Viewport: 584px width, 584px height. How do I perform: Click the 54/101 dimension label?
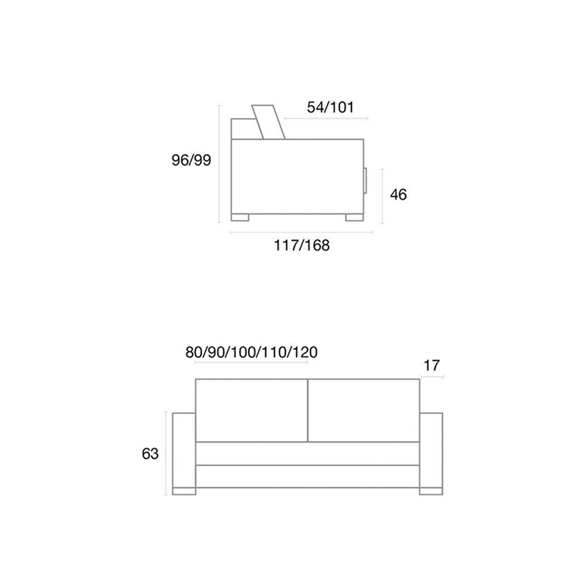pyautogui.click(x=330, y=107)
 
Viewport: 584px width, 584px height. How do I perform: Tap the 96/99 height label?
pyautogui.click(x=191, y=160)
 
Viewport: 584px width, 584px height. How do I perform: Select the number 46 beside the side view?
pyautogui.click(x=398, y=194)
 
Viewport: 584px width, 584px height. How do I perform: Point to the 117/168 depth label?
pyautogui.click(x=302, y=245)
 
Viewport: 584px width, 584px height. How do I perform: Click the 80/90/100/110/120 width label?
pyautogui.click(x=252, y=352)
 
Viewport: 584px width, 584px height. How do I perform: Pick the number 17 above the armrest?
pyautogui.click(x=431, y=365)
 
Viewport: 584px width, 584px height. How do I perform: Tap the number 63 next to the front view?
pyautogui.click(x=150, y=454)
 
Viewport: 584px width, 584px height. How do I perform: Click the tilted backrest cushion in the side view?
pyautogui.click(x=268, y=122)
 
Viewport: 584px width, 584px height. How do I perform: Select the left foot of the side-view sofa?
pyautogui.click(x=240, y=217)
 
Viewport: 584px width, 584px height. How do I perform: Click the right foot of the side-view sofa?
pyautogui.click(x=354, y=217)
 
